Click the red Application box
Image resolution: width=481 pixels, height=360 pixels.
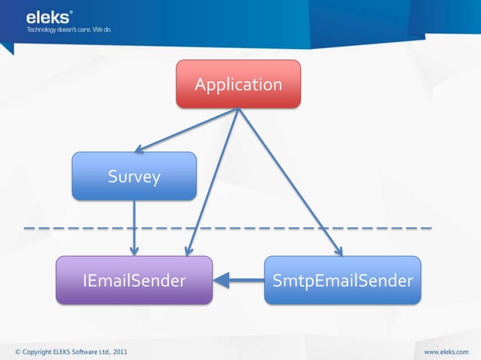pyautogui.click(x=238, y=84)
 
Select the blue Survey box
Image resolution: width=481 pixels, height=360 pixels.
pyautogui.click(x=134, y=176)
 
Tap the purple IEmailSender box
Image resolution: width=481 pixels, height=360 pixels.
pyautogui.click(x=134, y=280)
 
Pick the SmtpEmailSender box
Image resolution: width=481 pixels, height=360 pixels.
pyautogui.click(x=342, y=280)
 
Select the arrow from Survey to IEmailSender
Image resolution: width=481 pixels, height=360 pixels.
pyautogui.click(x=134, y=226)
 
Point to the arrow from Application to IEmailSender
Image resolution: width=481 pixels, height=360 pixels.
pyautogui.click(x=213, y=181)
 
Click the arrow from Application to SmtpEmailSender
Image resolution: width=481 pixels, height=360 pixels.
pyautogui.click(x=290, y=181)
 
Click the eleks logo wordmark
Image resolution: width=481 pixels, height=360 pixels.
pyautogui.click(x=50, y=17)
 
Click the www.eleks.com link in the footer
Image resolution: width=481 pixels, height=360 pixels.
pyautogui.click(x=447, y=351)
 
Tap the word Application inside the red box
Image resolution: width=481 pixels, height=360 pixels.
pyautogui.click(x=238, y=84)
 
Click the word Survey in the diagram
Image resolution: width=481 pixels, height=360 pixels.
pyautogui.click(x=134, y=177)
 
